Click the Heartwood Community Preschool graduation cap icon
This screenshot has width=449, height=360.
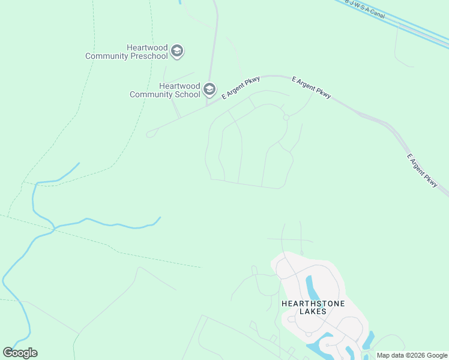pos(176,51)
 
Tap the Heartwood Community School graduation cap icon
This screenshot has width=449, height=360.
pos(209,89)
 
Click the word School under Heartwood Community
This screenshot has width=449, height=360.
pos(187,94)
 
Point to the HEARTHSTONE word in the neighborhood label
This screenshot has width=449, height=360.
pos(313,304)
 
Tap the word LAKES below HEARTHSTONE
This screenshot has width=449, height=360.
pos(313,311)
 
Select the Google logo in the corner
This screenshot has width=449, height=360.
pos(20,353)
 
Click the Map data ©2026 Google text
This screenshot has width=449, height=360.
pos(412,355)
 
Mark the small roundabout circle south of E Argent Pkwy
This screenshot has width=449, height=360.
pos(286,118)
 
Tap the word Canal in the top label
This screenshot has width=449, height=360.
pos(377,13)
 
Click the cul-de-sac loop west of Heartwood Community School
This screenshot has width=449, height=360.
pos(149,134)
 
